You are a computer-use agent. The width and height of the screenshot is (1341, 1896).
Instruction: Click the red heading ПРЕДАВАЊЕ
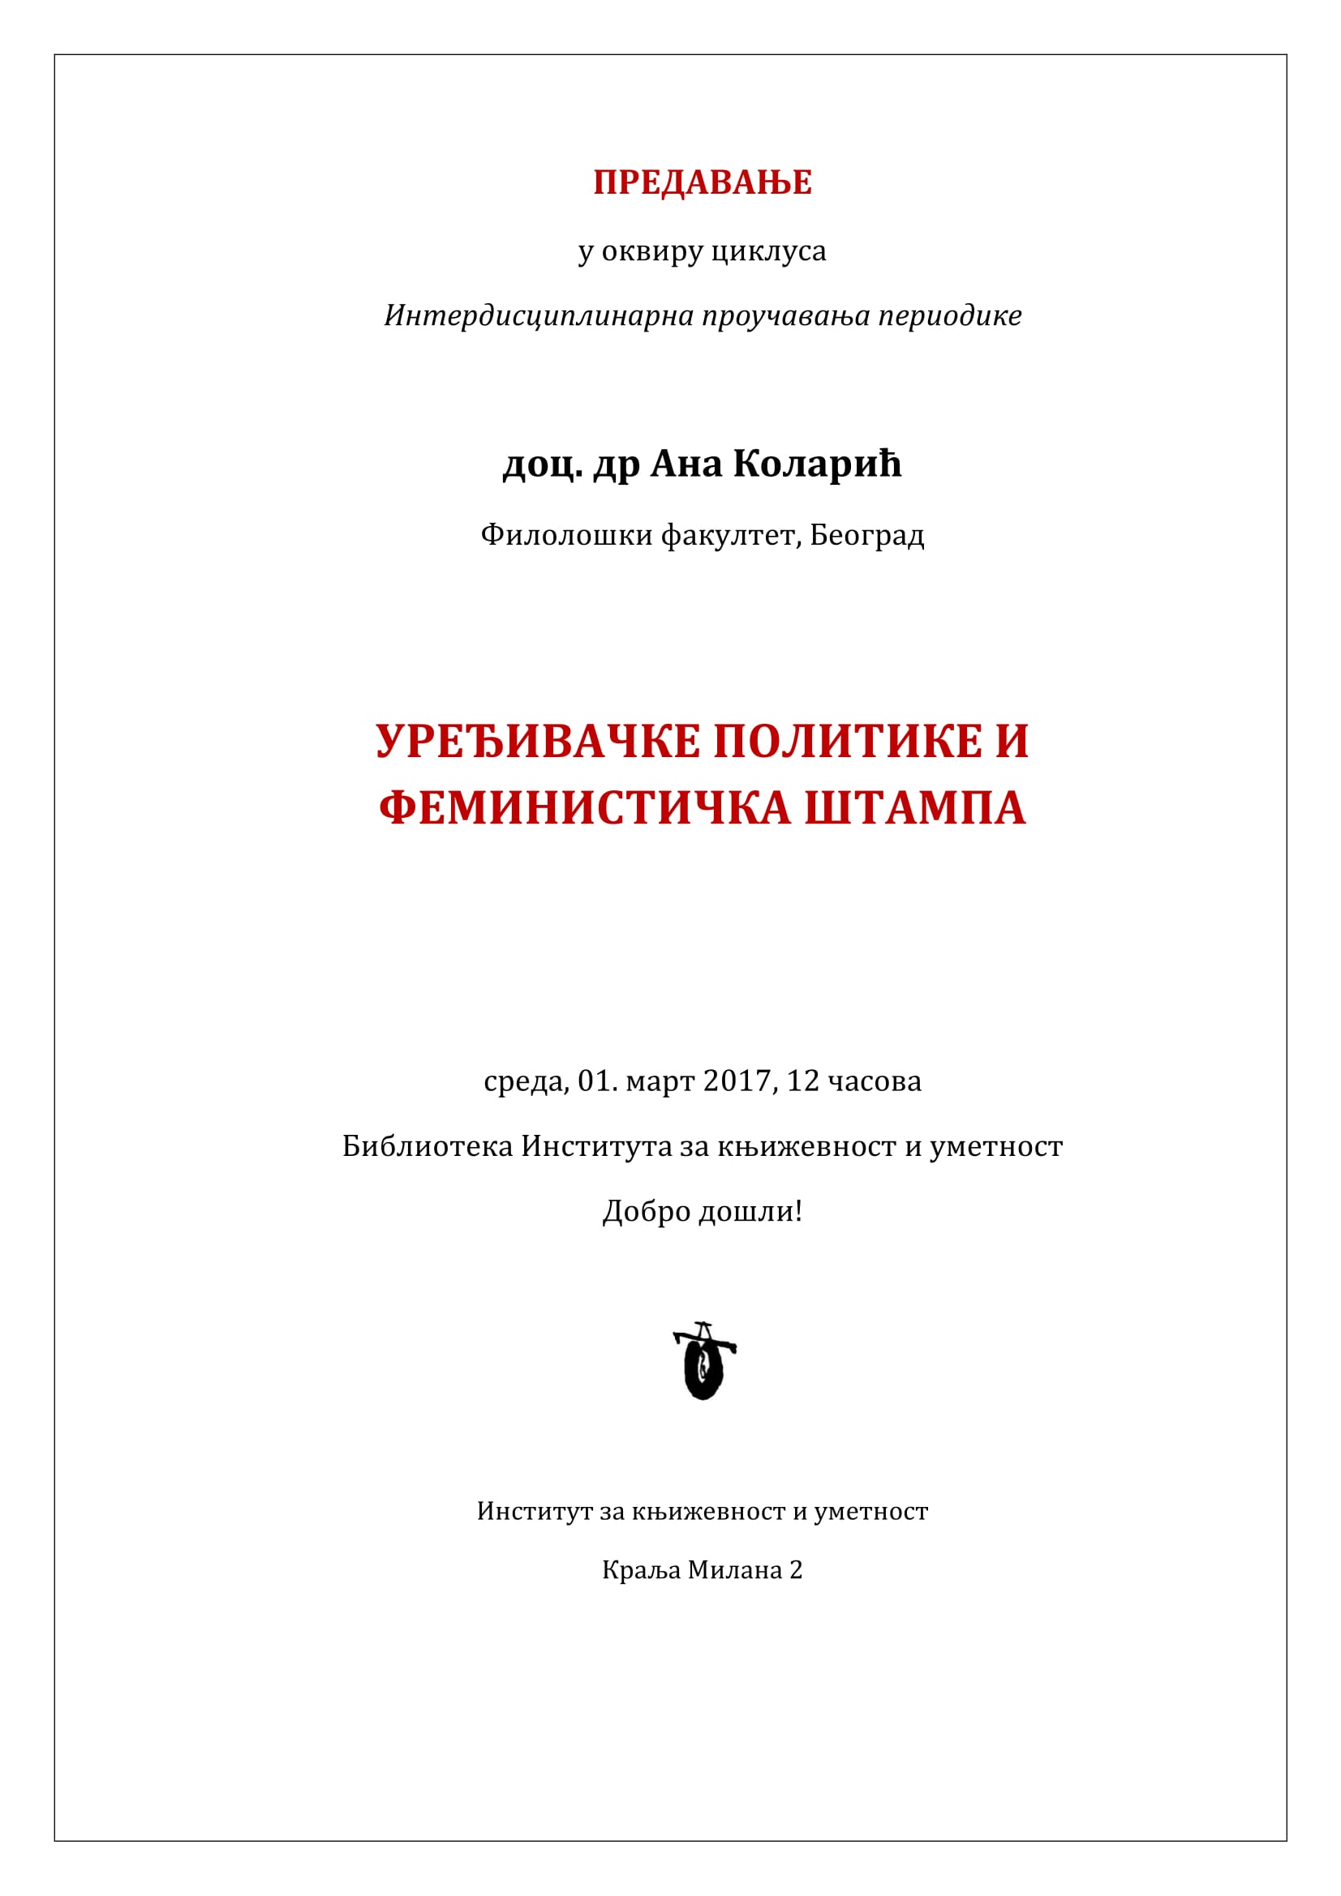[x=703, y=182]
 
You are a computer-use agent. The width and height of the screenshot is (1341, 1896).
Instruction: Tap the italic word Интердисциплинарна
[x=539, y=315]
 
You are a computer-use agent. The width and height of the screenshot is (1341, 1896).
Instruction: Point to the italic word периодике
[x=949, y=315]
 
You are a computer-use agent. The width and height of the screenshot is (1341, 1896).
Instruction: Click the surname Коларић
[x=816, y=464]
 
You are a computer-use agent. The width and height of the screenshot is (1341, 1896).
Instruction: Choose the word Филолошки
[x=567, y=536]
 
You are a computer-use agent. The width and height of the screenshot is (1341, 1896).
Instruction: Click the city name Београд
[x=866, y=536]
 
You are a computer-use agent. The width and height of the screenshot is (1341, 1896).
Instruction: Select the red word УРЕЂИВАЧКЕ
[x=539, y=741]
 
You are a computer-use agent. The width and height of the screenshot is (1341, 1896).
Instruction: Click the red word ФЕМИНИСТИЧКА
[x=585, y=807]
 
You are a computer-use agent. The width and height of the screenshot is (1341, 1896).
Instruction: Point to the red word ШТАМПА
[x=914, y=807]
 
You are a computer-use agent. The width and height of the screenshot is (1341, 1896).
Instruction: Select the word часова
[x=875, y=1081]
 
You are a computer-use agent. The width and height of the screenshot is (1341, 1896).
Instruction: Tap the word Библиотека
[x=428, y=1146]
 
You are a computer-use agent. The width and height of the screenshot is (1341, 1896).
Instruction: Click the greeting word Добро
[x=646, y=1211]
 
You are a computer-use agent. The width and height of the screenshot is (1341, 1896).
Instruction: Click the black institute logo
[x=704, y=1360]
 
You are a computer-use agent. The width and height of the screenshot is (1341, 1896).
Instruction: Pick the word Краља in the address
[x=641, y=1570]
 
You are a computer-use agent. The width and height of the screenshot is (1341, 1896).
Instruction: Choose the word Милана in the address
[x=735, y=1570]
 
